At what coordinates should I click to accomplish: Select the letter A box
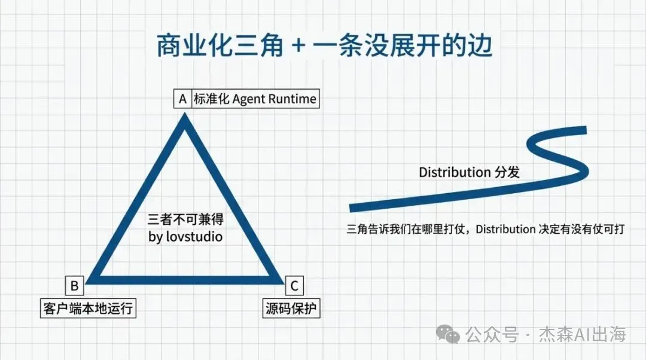click(x=182, y=99)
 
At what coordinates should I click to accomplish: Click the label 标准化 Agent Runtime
click(x=255, y=99)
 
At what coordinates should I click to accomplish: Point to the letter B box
click(x=74, y=286)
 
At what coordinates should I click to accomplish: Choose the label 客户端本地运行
click(x=87, y=309)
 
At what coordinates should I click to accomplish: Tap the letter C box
click(x=294, y=286)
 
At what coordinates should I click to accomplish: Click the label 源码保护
click(x=292, y=309)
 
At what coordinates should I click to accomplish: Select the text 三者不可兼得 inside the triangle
click(x=185, y=219)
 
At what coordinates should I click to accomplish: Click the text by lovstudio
click(x=185, y=237)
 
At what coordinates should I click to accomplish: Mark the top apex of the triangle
click(x=185, y=118)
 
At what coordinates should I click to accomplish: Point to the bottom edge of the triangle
click(x=185, y=279)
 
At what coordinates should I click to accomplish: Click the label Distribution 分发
click(x=469, y=172)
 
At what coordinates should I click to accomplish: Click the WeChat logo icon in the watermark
click(x=448, y=334)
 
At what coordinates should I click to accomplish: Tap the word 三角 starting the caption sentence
click(x=357, y=229)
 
